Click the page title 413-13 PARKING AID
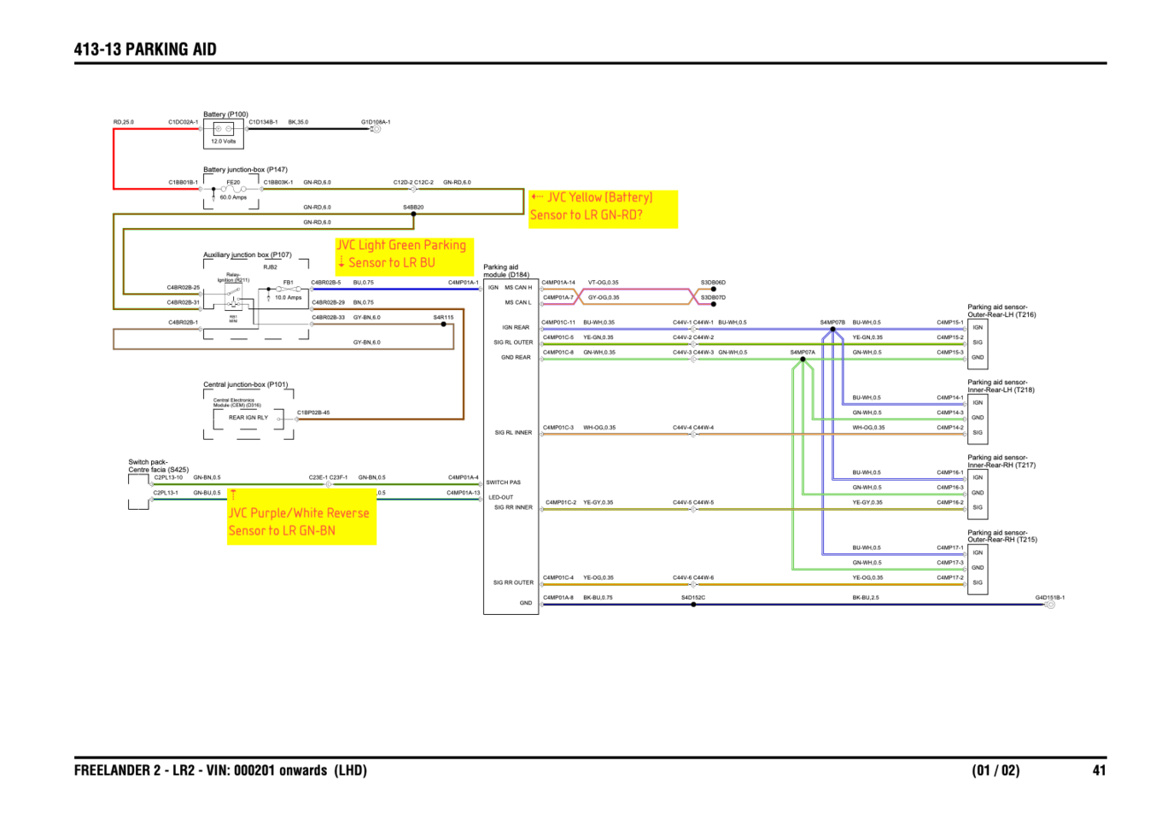point(145,50)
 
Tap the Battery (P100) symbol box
point(224,132)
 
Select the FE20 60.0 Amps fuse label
point(233,190)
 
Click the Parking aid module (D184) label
point(506,271)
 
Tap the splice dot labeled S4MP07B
point(832,329)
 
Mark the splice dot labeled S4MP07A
point(803,359)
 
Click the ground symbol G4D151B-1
point(1050,605)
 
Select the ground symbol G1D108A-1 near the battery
point(376,129)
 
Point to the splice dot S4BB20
point(413,214)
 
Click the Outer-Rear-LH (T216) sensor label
point(1001,311)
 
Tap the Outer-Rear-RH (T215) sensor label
point(1001,536)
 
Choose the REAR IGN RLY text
point(248,418)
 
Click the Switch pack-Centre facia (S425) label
point(158,465)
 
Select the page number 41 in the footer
point(1099,770)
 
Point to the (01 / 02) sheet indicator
point(995,770)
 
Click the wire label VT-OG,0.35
point(603,283)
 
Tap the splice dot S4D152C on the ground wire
point(693,605)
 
